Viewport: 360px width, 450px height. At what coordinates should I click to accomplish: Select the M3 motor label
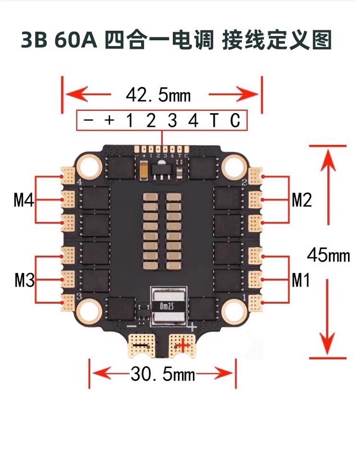click(x=24, y=280)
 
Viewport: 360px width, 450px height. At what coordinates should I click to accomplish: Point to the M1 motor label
click(x=301, y=280)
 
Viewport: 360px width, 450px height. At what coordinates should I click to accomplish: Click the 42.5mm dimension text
click(x=158, y=95)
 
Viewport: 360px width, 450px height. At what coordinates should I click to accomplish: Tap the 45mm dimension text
click(x=328, y=255)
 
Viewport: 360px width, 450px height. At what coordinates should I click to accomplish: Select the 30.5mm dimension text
click(x=163, y=374)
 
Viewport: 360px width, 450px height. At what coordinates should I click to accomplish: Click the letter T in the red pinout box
click(x=214, y=120)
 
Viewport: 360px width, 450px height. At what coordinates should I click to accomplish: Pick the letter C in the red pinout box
click(x=235, y=120)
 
